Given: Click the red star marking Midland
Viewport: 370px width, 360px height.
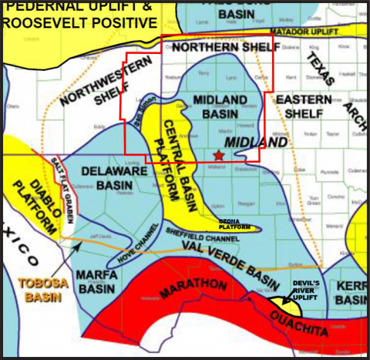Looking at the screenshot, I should [219, 156].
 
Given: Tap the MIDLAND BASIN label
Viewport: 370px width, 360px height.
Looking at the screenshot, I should [220, 108].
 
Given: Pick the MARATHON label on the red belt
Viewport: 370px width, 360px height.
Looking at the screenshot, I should [183, 290].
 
